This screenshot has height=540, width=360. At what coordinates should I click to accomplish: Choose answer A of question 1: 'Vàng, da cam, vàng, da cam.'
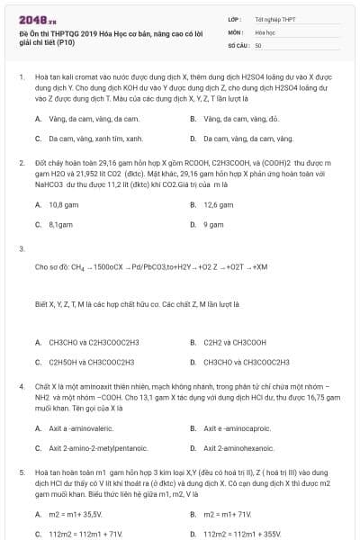click(94, 119)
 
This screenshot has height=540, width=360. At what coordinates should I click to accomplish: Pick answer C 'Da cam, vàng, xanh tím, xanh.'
click(95, 139)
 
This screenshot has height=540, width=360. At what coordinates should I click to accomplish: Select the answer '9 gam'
click(213, 224)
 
